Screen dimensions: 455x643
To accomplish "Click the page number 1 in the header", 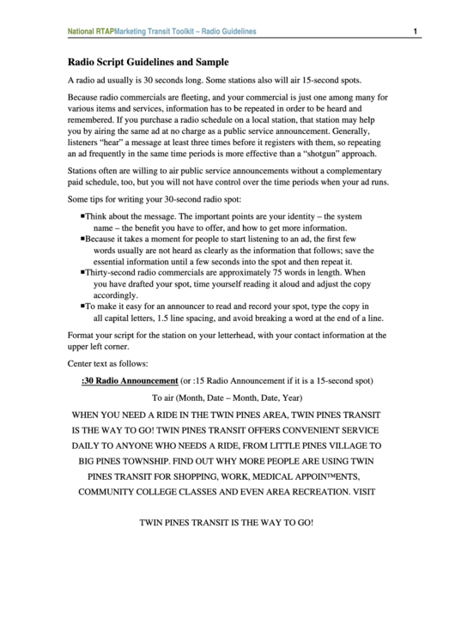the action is [x=415, y=32].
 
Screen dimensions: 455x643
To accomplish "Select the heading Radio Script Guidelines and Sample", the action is [x=148, y=62].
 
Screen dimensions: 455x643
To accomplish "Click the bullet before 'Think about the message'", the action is [x=82, y=216].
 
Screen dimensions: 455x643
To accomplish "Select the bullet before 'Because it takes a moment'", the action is [x=82, y=238].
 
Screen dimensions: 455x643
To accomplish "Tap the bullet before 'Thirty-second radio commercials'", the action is [x=82, y=271].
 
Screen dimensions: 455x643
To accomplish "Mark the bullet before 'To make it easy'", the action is [x=82, y=306].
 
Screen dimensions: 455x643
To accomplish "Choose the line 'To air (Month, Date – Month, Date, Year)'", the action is [x=227, y=397].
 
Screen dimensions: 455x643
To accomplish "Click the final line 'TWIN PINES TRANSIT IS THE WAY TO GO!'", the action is [x=227, y=522].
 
